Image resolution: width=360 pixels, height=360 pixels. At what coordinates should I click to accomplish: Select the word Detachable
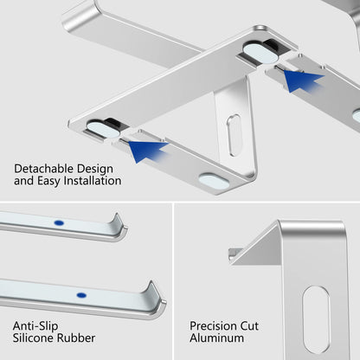coord(44,169)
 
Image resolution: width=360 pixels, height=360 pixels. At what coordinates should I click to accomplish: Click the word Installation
coord(92,182)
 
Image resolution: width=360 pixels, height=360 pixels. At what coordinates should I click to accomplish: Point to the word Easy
coord(48,182)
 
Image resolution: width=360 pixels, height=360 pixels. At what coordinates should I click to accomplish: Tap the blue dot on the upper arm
coord(59,222)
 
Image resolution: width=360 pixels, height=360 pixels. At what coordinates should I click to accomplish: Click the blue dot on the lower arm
coord(80,295)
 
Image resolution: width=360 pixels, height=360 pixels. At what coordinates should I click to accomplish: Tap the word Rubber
coord(79,338)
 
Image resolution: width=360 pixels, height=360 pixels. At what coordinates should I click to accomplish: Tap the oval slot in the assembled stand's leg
coord(235,135)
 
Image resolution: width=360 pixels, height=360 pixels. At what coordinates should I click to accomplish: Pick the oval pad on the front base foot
coord(214,181)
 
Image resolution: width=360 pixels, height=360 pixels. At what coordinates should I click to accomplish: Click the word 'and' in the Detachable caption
coord(23,182)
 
